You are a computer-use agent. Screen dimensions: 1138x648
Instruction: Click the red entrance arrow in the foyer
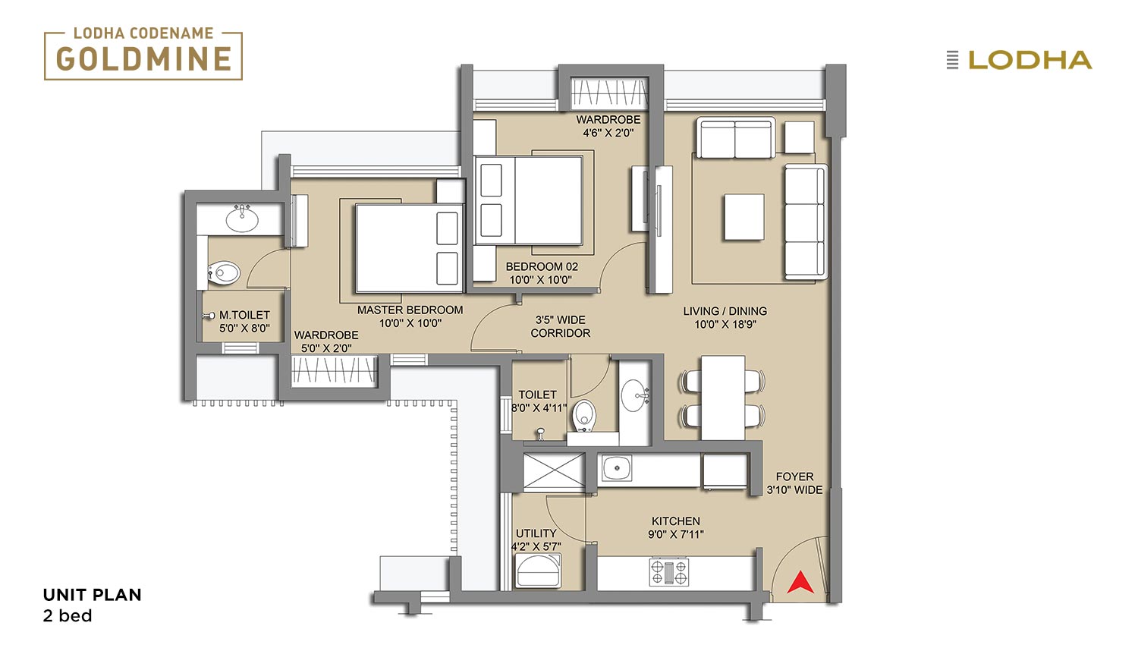[x=800, y=583]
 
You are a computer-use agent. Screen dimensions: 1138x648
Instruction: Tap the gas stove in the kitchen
[x=670, y=572]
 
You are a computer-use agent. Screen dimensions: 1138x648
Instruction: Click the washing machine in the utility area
[x=538, y=571]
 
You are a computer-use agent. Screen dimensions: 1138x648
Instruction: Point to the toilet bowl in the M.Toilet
[x=223, y=273]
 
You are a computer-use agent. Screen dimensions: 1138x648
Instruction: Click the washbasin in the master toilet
[x=242, y=219]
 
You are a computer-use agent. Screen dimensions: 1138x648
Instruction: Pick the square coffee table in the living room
[x=744, y=216]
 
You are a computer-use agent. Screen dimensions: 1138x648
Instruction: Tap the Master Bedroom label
[x=410, y=316]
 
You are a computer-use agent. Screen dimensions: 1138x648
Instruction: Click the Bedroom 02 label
[x=542, y=273]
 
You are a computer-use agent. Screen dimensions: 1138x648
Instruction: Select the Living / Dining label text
[x=725, y=310]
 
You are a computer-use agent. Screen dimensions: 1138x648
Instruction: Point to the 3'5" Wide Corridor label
[x=561, y=326]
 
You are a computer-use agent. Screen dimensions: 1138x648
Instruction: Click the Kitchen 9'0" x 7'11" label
[x=676, y=527]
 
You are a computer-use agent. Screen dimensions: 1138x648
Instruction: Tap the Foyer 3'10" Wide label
[x=794, y=483]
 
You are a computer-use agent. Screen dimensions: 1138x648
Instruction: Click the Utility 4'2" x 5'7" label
[x=536, y=539]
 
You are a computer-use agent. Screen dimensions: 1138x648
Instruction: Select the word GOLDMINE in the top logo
[x=144, y=58]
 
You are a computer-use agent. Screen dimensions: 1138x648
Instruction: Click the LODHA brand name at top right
[x=1030, y=60]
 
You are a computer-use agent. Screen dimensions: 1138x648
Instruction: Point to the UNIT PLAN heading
[x=92, y=595]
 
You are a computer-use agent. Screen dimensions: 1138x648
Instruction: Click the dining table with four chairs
[x=723, y=398]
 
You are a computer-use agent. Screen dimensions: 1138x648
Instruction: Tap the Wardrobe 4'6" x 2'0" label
[x=608, y=126]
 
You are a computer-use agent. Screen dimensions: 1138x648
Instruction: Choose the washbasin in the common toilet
[x=635, y=395]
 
